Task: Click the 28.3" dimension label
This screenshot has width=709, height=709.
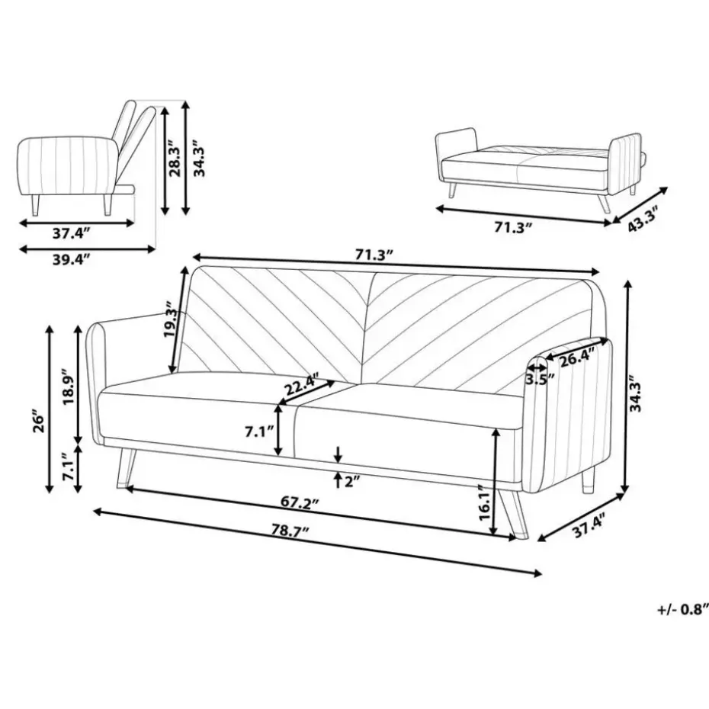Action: click(175, 155)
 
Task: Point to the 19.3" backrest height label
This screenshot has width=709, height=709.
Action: click(173, 319)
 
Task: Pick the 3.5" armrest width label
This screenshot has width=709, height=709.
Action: click(540, 378)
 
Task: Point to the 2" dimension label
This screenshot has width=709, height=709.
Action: click(352, 482)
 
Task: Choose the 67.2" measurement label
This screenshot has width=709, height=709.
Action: click(300, 503)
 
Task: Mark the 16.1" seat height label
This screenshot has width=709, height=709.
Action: click(484, 502)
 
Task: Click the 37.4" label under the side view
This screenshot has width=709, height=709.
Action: click(72, 233)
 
